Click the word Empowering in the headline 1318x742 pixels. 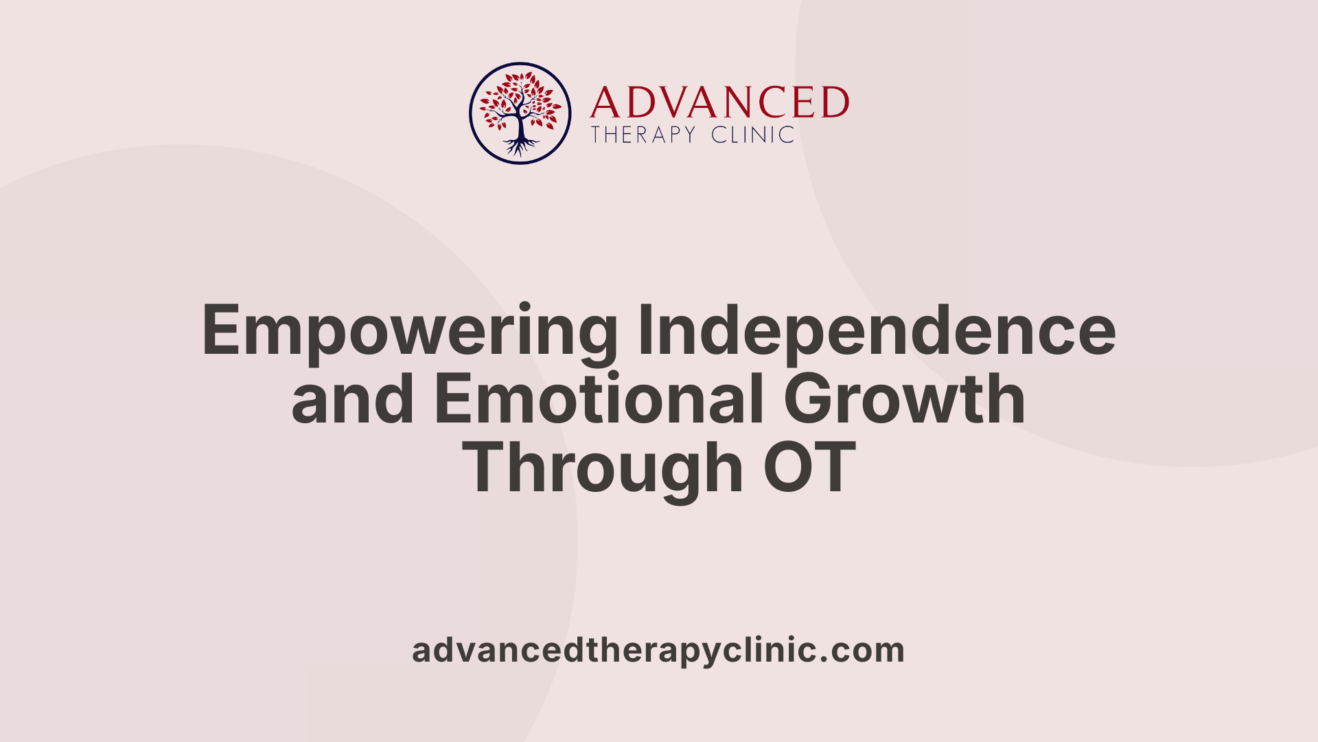(410, 332)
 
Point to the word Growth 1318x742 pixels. (905, 399)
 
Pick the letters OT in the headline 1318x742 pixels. (810, 468)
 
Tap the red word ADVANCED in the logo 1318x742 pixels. (719, 103)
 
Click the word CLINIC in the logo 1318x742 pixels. (753, 135)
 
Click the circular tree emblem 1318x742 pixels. (520, 113)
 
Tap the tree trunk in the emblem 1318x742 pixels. (520, 124)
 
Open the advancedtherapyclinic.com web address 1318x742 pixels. (658, 650)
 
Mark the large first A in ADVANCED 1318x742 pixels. (605, 103)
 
